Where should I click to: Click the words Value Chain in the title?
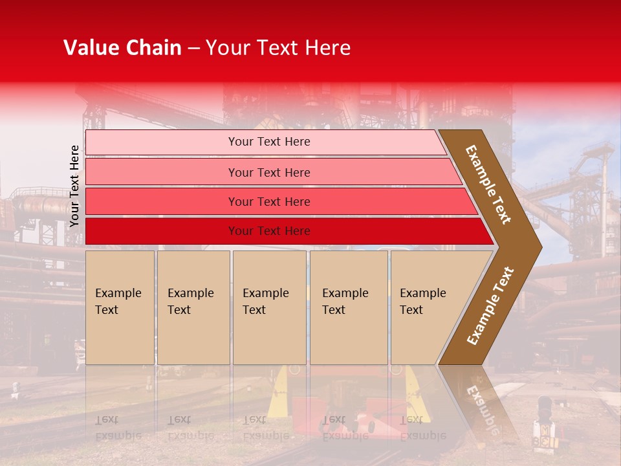(x=122, y=48)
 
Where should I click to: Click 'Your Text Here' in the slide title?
(x=278, y=48)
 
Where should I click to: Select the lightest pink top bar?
(x=162, y=142)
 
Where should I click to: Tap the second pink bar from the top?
(x=162, y=172)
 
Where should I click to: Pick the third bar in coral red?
(x=162, y=201)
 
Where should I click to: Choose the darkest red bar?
(x=162, y=231)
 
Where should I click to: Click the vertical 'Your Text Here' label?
(x=74, y=186)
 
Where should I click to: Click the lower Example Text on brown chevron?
(x=490, y=305)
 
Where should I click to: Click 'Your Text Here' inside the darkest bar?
(x=269, y=231)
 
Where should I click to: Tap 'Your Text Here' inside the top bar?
(x=269, y=142)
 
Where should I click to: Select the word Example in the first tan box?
(x=118, y=293)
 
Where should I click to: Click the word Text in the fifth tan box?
(x=411, y=310)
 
